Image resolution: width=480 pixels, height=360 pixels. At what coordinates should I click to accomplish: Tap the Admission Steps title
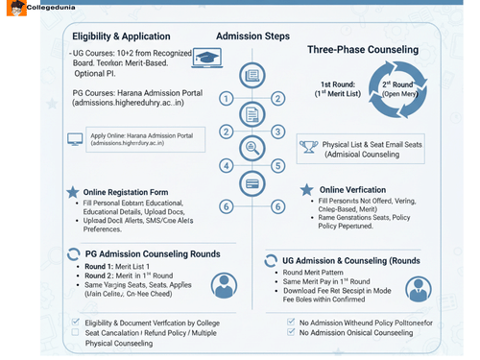click(252, 36)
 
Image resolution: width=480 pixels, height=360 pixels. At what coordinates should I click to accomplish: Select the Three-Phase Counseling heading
click(362, 49)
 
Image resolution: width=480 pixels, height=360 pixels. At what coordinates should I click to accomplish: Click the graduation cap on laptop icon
click(206, 58)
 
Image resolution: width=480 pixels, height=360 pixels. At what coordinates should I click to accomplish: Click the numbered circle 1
click(226, 98)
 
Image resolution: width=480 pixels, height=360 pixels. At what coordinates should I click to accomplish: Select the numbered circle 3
click(277, 132)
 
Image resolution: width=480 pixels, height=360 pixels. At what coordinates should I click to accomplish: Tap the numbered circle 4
click(226, 165)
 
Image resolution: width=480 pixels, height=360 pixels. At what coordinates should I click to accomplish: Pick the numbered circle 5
click(277, 165)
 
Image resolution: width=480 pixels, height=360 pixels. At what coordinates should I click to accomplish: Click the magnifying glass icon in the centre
click(252, 148)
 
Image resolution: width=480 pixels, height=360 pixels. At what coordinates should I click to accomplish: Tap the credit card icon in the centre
click(252, 182)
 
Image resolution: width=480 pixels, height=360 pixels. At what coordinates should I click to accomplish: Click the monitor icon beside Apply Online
click(74, 139)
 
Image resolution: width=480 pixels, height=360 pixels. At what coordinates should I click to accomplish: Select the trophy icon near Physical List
click(308, 147)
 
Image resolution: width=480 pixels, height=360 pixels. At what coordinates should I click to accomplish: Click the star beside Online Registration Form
click(72, 193)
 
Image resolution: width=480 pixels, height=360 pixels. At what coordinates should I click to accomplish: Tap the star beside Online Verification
click(307, 190)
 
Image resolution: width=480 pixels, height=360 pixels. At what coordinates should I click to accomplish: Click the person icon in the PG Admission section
click(224, 285)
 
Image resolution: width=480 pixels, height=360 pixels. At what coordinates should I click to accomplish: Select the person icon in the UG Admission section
click(419, 288)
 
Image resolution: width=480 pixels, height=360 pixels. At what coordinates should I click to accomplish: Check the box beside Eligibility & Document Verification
click(76, 322)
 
